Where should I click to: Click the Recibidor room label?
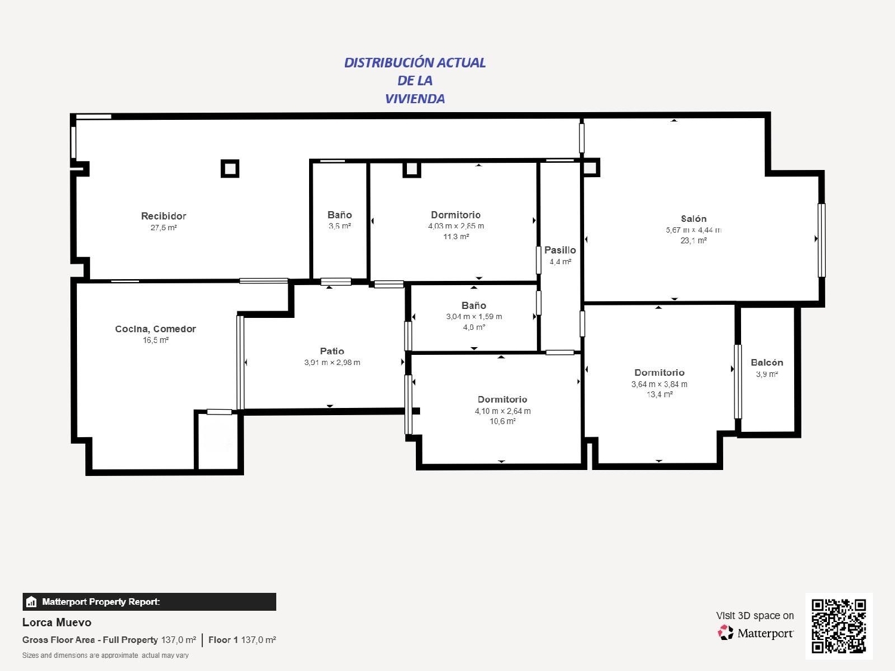coord(163,216)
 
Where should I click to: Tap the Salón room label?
coord(693,219)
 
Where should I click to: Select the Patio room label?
coord(332,351)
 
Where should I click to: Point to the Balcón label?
coord(767,363)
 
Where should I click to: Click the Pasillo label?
coord(560,251)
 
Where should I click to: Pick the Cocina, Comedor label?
coord(155,329)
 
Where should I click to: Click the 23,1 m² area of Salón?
coord(693,241)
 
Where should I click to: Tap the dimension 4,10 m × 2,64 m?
coord(502,411)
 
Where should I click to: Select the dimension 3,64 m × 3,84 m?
coord(659,384)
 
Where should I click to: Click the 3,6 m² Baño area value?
coord(340,227)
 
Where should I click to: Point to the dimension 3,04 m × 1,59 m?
coord(474,317)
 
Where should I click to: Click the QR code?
coord(838,626)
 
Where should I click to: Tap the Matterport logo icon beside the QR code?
coord(726,633)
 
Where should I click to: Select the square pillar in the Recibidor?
coord(230,169)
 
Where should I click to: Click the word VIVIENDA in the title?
coord(415,99)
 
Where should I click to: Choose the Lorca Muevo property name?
coord(57,622)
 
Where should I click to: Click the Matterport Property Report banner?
coord(149,602)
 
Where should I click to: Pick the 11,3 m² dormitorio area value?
coord(456,237)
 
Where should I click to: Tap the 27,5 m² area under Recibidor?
coord(163,228)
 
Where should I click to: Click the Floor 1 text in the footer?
coord(223,640)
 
